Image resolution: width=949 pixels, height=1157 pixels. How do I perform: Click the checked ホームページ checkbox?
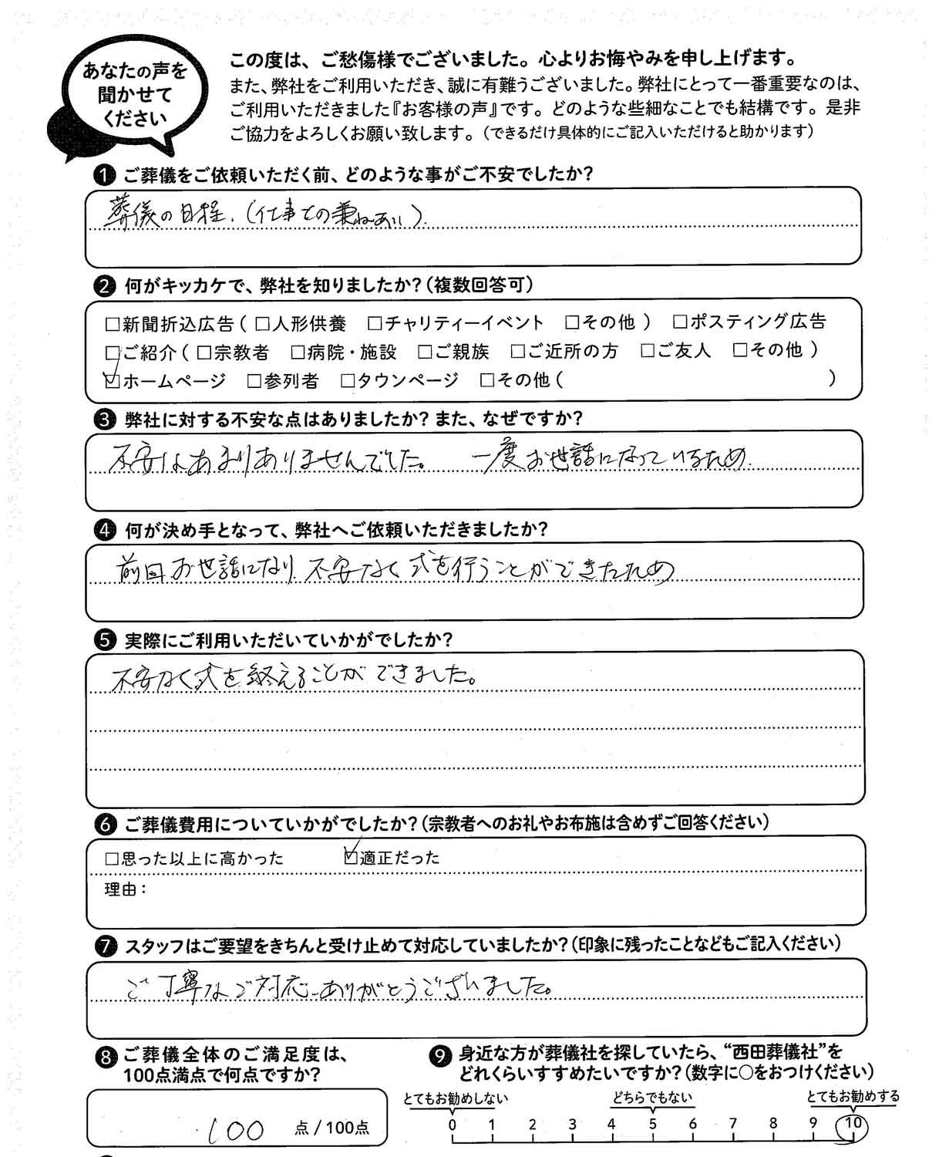113,380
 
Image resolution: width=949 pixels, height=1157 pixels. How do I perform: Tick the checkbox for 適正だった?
352,855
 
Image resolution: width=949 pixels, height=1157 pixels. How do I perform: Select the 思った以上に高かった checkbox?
112,858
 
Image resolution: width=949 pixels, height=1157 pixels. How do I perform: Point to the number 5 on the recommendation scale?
652,1124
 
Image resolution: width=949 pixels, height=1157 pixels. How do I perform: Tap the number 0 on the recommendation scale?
453,1124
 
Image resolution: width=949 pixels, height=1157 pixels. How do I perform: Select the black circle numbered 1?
103,175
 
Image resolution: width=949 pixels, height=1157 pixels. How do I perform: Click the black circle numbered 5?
103,641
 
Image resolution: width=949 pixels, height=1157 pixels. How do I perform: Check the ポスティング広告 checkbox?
679,322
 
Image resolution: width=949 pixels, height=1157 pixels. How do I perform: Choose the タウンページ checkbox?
347,380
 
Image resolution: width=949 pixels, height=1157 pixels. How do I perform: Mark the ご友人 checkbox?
648,352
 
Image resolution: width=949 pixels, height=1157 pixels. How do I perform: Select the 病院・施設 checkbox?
298,352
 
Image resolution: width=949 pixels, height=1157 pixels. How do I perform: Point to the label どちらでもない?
652,1098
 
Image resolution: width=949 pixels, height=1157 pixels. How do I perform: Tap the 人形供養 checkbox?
262,323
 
